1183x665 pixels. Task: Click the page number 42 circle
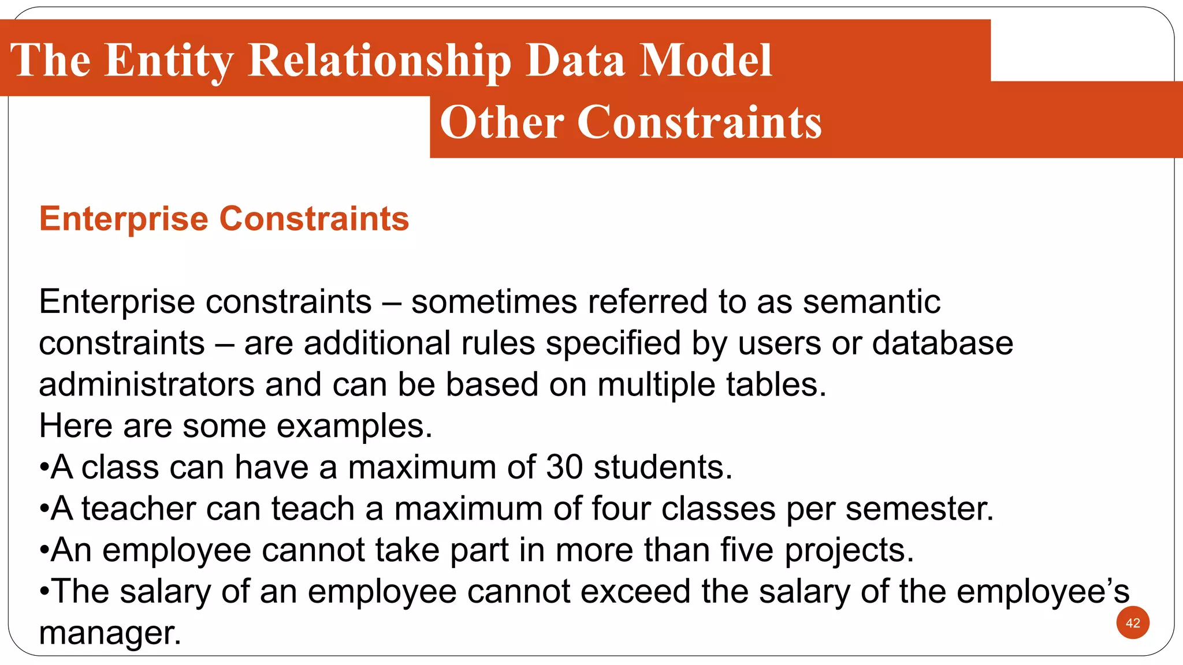pyautogui.click(x=1133, y=623)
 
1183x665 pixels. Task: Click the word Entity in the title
pyautogui.click(x=169, y=61)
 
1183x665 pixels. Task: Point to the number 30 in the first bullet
pyautogui.click(x=564, y=467)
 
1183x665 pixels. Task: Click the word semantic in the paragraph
pyautogui.click(x=872, y=302)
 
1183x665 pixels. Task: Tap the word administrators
pyautogui.click(x=147, y=384)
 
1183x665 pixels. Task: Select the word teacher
pyautogui.click(x=139, y=509)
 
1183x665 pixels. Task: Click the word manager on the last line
pyautogui.click(x=110, y=633)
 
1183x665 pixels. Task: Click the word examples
pyautogui.click(x=354, y=426)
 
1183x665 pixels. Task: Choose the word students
pyautogui.click(x=663, y=467)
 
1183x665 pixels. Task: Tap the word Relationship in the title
pyautogui.click(x=380, y=61)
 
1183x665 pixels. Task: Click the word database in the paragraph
pyautogui.click(x=942, y=343)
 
